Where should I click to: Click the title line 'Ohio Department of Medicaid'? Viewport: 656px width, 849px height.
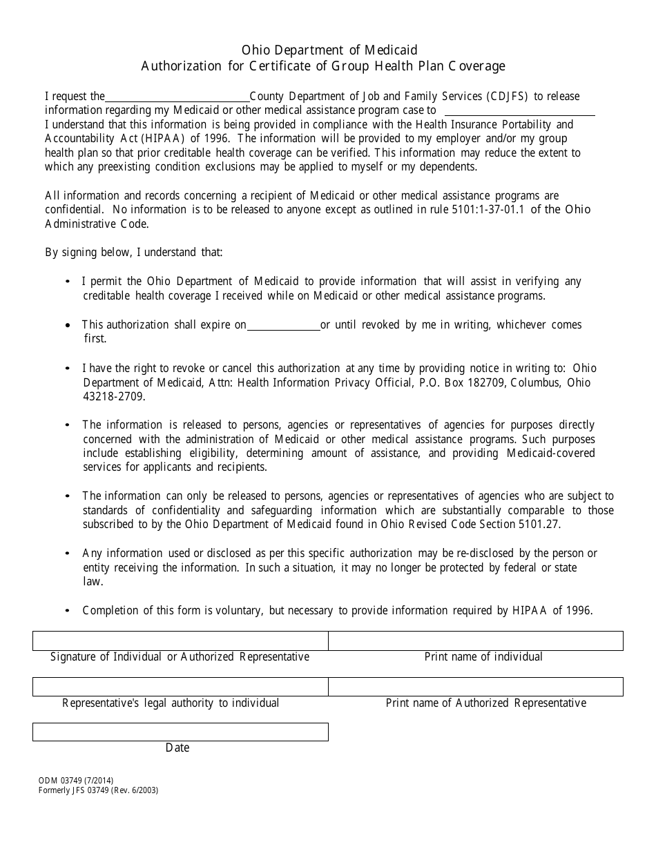329,50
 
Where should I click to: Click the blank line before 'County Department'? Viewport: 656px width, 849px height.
177,97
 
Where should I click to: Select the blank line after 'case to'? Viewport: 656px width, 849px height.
519,110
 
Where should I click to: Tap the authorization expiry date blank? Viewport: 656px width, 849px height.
283,325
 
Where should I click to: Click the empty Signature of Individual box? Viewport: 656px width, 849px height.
180,641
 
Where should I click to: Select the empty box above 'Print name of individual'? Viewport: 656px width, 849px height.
475,641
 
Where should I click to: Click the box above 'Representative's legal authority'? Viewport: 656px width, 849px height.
180,687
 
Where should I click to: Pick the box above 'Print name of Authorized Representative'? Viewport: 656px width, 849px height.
475,687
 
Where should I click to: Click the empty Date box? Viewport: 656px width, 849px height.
180,732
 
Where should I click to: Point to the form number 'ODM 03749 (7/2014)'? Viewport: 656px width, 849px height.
77,781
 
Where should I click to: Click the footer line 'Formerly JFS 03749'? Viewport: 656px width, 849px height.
99,790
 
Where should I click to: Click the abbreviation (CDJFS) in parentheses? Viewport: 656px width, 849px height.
508,97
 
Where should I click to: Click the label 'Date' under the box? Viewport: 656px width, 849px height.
177,748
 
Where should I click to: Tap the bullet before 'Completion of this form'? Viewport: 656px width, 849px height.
67,611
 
